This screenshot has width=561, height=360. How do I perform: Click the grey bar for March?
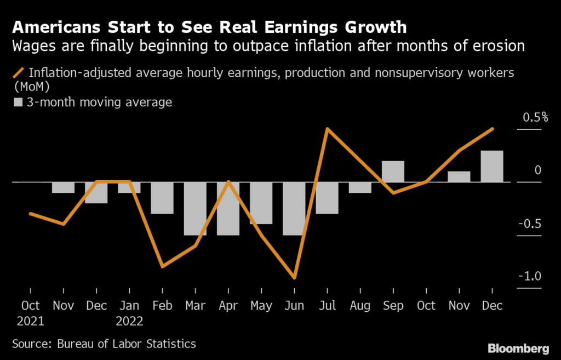[195, 208]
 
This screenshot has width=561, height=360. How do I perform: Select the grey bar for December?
[492, 166]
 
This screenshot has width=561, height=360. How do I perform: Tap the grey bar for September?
[393, 172]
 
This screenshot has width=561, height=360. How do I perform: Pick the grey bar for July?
[327, 198]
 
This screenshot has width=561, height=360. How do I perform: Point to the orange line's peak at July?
[327, 129]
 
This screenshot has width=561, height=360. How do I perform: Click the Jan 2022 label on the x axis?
[129, 312]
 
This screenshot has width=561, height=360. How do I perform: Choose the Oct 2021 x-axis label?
[31, 312]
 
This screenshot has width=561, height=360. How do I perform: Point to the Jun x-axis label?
[295, 306]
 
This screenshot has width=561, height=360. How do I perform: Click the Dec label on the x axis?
[492, 306]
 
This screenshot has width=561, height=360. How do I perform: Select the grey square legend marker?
[18, 102]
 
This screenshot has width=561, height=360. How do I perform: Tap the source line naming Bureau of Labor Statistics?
[104, 344]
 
